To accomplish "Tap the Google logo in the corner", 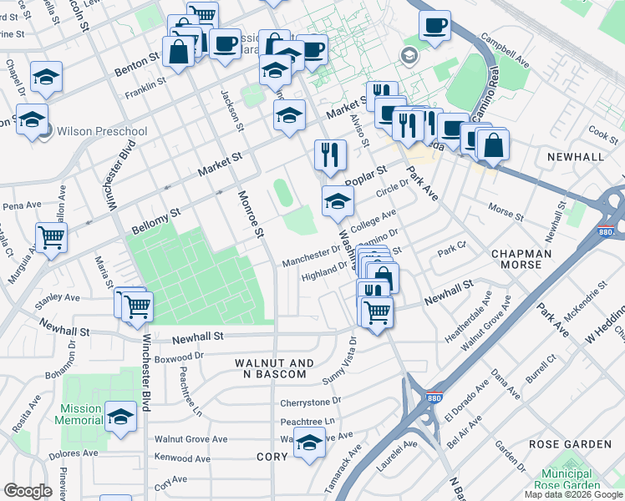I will pos(28,491).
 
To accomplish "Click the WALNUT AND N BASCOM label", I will pos(274,369).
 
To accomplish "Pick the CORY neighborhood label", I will pos(272,457).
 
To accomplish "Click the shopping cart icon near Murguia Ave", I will pos(52,238).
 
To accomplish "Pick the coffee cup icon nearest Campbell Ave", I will pos(434,26).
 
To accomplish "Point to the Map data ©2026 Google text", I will pos(574,494).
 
